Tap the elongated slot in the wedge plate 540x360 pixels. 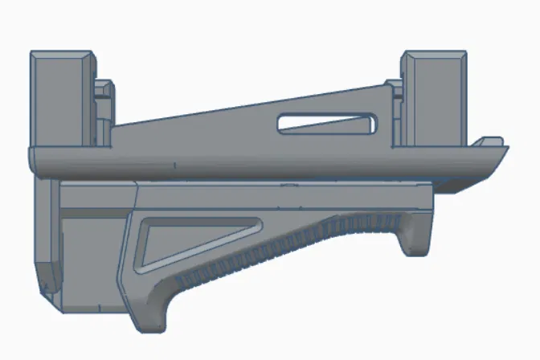329,124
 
